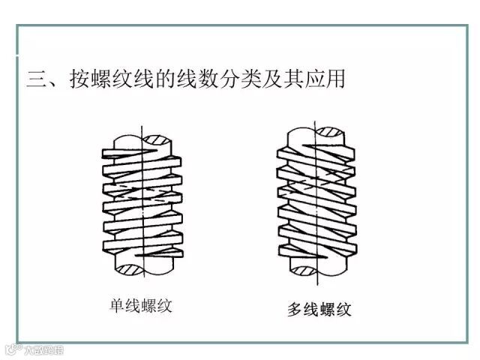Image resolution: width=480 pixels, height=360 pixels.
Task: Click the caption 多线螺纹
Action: (x=319, y=308)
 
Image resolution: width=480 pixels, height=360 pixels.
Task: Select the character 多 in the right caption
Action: (x=295, y=308)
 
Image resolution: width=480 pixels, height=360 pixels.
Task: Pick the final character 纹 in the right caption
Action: (x=344, y=308)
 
